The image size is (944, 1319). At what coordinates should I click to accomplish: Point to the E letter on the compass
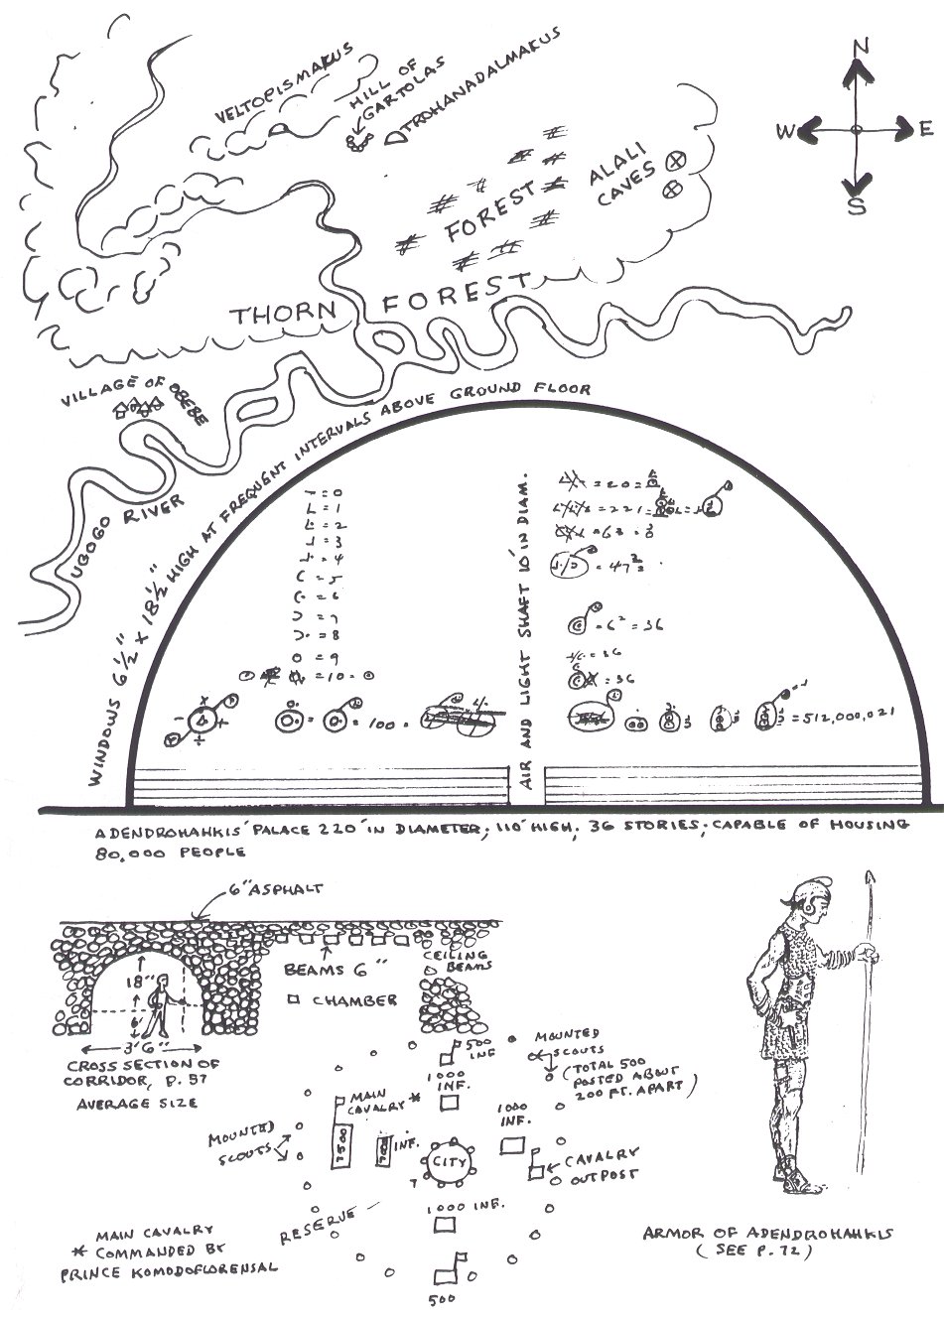click(x=925, y=128)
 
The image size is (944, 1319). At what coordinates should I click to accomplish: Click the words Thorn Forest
click(x=381, y=303)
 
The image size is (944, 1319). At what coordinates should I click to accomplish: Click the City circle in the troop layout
click(x=448, y=1163)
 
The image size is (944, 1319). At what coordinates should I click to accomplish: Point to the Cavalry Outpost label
click(x=599, y=1167)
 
